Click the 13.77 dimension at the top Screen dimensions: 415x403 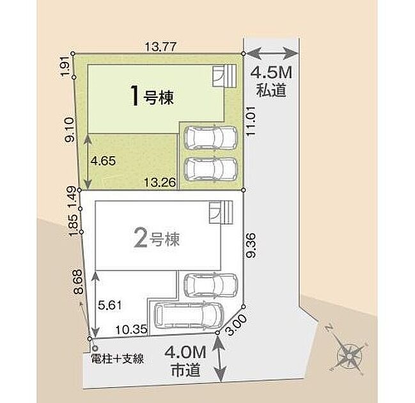coord(161,47)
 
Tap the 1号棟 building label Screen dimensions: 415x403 coord(152,97)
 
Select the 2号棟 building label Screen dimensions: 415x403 coord(157,239)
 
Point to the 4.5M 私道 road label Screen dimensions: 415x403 coord(271,81)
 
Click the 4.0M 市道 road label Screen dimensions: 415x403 coord(185,361)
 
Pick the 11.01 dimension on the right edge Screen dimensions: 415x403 coord(251,122)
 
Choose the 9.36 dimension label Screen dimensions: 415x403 coord(251,245)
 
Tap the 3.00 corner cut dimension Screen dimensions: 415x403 coord(237,325)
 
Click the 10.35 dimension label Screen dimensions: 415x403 coord(131,329)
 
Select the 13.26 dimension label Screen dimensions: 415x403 coord(160,182)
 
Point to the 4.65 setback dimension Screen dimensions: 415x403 coord(103,161)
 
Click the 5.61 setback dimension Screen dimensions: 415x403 coord(110,305)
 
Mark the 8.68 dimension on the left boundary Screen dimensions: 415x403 coord(79,281)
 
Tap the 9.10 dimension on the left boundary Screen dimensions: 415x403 coord(70,130)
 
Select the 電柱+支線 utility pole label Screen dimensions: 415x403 coord(118,359)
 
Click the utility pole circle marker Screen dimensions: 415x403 coord(95,349)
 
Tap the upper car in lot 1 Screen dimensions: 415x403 coord(210,138)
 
